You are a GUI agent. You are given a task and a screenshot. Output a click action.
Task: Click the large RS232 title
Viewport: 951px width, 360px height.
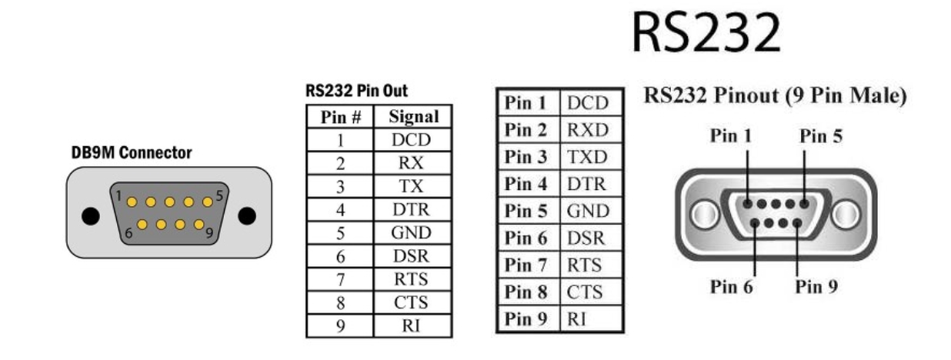[706, 35]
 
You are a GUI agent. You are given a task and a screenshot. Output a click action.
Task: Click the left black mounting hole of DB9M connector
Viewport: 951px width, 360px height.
[91, 215]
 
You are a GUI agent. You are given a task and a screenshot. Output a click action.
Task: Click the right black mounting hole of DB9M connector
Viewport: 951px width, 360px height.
[247, 215]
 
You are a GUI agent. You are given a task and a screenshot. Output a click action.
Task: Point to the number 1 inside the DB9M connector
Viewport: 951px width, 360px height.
[120, 195]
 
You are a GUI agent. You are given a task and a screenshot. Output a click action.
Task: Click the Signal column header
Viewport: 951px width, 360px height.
[413, 117]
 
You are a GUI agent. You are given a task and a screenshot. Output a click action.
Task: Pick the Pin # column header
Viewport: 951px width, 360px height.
[340, 117]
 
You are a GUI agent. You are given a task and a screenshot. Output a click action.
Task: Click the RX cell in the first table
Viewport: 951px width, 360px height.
[413, 163]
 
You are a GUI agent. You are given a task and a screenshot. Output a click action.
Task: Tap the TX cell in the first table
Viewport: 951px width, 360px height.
[413, 186]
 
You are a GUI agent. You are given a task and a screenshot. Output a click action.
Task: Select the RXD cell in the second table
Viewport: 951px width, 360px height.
[587, 131]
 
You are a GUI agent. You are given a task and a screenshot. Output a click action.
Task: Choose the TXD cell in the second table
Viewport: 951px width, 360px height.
[587, 158]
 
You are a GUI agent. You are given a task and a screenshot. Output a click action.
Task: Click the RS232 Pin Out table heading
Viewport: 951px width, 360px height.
[356, 92]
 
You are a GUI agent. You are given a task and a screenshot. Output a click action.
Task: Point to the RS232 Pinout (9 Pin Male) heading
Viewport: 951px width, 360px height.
[775, 97]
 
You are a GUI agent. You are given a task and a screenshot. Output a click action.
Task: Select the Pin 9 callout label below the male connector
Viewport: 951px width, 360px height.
[817, 287]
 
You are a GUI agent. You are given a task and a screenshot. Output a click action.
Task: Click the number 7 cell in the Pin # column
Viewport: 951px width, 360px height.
[340, 278]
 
